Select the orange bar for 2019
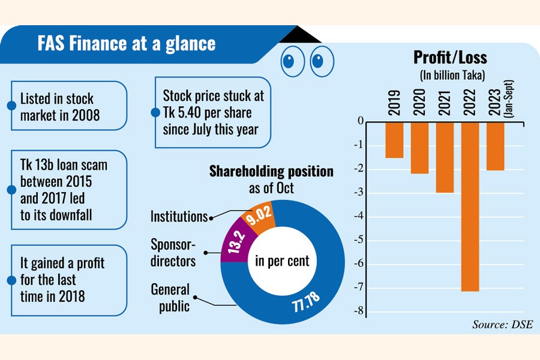(394, 139)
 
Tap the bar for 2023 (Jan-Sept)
(495, 146)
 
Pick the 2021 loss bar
(445, 157)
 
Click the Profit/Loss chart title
(450, 58)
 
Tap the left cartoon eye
(289, 60)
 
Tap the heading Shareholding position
(271, 172)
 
